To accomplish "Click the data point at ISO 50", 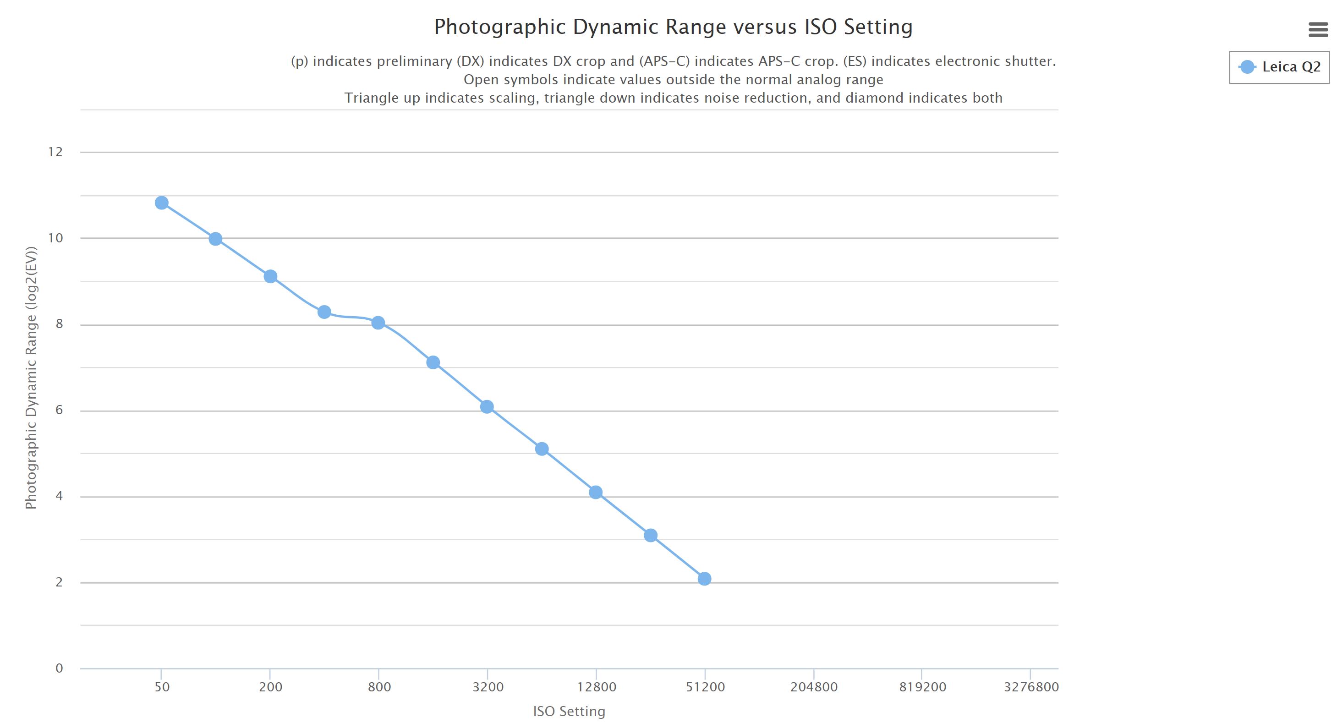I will [161, 203].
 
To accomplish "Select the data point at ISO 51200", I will [704, 578].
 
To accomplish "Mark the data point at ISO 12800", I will [596, 492].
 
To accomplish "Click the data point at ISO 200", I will [270, 276].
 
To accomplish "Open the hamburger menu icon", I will [1318, 30].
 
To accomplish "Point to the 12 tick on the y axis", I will [55, 152].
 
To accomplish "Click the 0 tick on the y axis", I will [59, 668].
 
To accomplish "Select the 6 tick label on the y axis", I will [59, 410].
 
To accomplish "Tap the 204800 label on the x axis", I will [814, 687].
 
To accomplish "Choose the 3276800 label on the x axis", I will [1031, 687].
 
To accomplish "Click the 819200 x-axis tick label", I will [922, 687].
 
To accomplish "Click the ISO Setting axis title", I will [569, 711].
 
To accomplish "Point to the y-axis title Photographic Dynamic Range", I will [31, 378].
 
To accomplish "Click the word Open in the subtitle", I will [481, 79].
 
